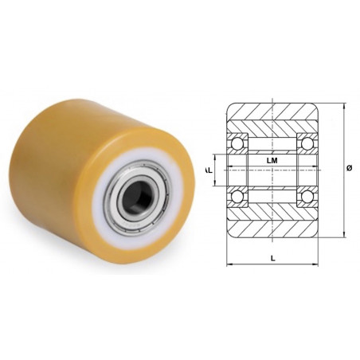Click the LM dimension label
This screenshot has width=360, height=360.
[272, 160]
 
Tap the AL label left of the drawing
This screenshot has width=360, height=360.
[209, 169]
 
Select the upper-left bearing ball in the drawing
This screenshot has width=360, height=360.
[237, 143]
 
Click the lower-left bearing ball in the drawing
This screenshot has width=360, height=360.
[237, 196]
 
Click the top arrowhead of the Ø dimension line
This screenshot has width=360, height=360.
[344, 105]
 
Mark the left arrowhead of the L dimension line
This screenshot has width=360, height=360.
[230, 262]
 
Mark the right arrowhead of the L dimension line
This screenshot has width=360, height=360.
[315, 262]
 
